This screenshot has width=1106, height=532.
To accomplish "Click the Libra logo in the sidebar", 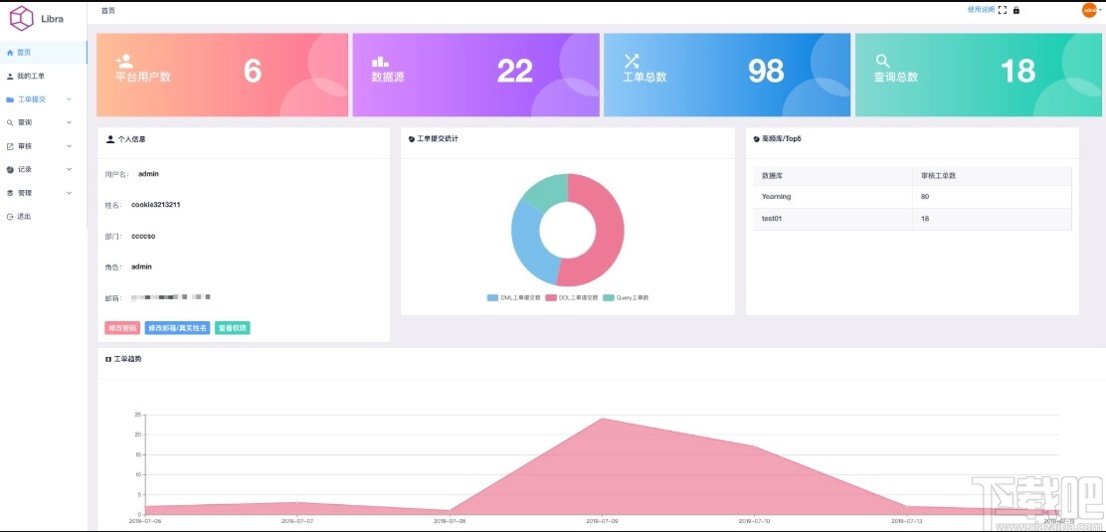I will click(x=22, y=18).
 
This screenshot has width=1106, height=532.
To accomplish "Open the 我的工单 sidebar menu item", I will click(x=31, y=76).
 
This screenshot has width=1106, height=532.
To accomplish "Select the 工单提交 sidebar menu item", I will click(x=32, y=99).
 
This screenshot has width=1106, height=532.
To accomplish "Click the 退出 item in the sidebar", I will click(x=24, y=216).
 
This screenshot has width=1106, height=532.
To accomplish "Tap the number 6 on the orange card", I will click(x=253, y=71).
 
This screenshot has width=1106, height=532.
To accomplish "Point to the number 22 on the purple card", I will click(x=515, y=71).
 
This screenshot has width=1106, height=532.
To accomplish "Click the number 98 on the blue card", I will click(x=766, y=71).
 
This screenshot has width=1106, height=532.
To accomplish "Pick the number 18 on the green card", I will click(x=1017, y=71).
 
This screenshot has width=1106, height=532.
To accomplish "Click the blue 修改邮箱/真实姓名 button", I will click(x=177, y=328).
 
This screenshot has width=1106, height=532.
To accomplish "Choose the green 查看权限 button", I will click(x=232, y=328).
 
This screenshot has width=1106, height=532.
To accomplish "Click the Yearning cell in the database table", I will click(x=777, y=197).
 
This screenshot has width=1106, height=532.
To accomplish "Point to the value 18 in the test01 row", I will click(x=926, y=218).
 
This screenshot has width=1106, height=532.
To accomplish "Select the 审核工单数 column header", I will click(x=939, y=176).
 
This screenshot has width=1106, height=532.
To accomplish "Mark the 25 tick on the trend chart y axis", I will click(x=138, y=414).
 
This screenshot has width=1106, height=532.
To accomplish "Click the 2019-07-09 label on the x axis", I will click(x=603, y=520).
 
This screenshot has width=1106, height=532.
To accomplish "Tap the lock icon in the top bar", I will click(x=1016, y=11).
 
